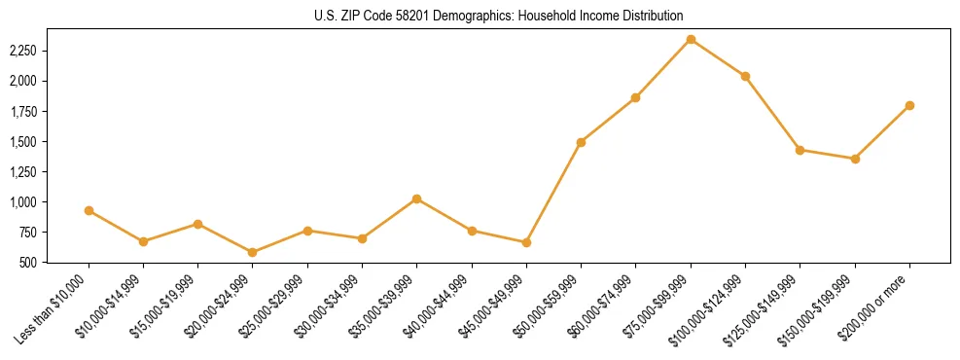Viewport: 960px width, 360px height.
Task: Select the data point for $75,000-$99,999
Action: coord(691,40)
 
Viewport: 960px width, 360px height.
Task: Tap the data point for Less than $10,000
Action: coord(89,210)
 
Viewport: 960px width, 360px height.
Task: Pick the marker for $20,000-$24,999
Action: coord(253,252)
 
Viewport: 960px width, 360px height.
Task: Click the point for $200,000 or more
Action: coord(909,105)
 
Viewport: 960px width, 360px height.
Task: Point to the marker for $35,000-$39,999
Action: coord(417,198)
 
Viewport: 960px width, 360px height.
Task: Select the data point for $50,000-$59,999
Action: coord(581,142)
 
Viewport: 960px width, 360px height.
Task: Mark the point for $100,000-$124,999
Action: coord(745,76)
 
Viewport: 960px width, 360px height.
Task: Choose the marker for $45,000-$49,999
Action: coord(526,242)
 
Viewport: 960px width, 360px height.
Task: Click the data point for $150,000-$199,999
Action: coord(855,159)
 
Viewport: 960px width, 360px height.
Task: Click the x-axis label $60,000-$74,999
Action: coord(607,304)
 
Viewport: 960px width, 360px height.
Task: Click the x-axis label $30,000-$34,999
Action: coord(334,304)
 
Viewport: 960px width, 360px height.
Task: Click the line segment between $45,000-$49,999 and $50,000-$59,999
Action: coord(553,193)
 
